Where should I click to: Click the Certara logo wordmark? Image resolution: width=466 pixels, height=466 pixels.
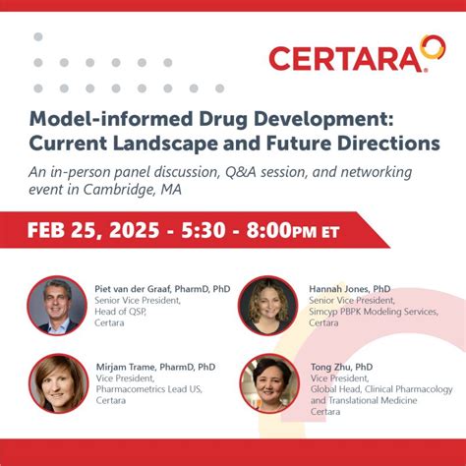pos(349,58)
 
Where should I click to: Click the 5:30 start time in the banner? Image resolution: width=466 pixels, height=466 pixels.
pos(211,231)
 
